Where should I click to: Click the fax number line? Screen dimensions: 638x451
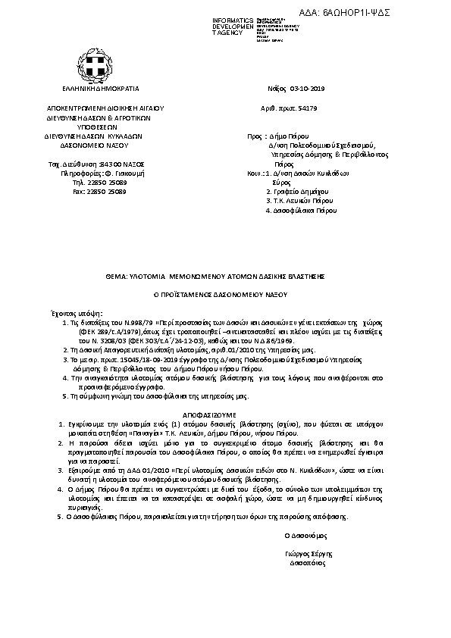(99, 192)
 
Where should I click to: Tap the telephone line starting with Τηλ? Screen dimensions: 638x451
(99, 183)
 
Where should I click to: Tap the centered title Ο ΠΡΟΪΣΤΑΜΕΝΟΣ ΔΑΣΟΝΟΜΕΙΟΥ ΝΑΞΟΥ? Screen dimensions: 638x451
(225, 292)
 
